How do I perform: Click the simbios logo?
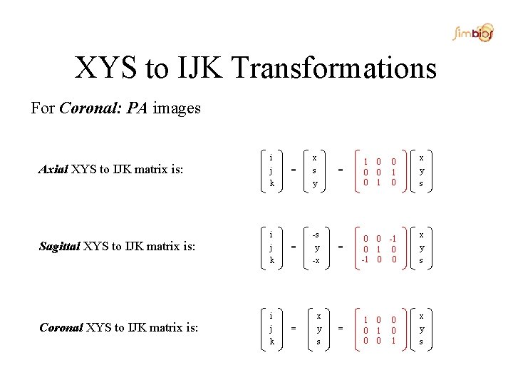[x=475, y=32]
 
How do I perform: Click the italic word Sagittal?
[x=59, y=247]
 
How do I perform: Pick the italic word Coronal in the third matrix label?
[x=61, y=328]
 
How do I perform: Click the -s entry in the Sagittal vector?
[x=316, y=235]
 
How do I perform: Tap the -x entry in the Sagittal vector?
[x=316, y=260]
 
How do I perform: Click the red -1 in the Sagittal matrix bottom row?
[x=363, y=259]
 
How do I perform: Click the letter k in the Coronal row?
[x=271, y=342]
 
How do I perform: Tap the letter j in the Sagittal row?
[x=271, y=247]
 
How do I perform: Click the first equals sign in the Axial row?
[x=294, y=170]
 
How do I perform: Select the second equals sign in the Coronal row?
[x=340, y=328]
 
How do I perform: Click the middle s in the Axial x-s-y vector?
[x=314, y=170]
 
